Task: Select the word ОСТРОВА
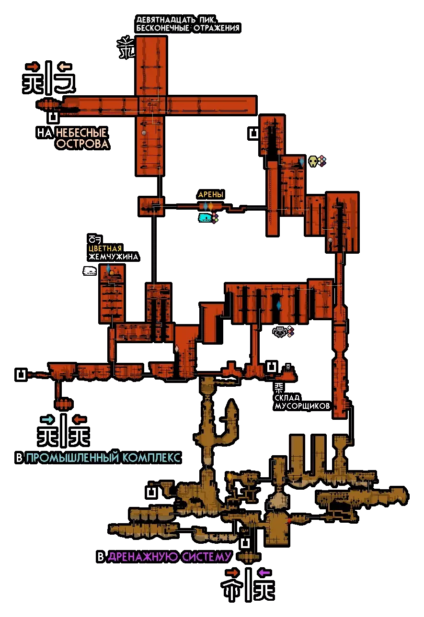point(82,144)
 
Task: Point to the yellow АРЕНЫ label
point(211,195)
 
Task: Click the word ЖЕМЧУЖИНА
point(113,257)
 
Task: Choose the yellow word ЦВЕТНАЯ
point(105,248)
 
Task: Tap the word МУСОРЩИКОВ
point(302,406)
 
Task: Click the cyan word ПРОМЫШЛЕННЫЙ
point(72,458)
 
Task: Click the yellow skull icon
point(313,162)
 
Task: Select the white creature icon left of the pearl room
point(90,271)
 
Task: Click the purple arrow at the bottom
point(264,572)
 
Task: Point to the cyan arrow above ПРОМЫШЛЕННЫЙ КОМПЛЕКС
point(47,420)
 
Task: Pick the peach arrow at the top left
point(64,67)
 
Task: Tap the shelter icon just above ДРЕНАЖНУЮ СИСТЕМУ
point(245,543)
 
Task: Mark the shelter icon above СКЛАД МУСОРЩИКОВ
point(272,367)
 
